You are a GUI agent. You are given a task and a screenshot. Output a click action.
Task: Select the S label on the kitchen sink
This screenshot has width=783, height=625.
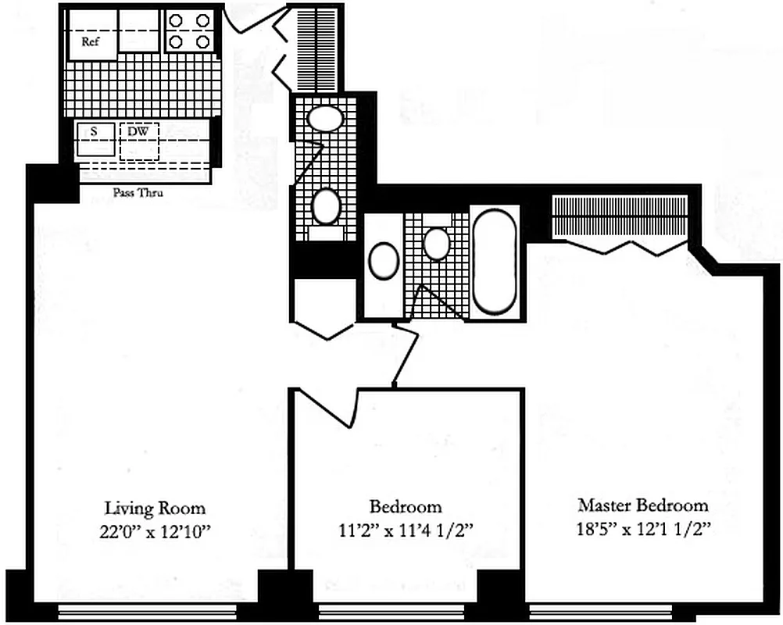pos(94,131)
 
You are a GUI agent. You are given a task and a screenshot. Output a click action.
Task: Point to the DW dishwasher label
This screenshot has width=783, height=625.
pos(138,131)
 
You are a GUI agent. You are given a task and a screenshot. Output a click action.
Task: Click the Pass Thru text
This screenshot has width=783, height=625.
pos(138,193)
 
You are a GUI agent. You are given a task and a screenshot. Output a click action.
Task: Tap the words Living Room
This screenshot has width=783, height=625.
pos(156,508)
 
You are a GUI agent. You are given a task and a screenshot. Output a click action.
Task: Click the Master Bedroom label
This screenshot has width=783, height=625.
pos(642,505)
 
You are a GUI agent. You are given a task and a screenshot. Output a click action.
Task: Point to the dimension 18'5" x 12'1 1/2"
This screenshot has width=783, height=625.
pos(642,528)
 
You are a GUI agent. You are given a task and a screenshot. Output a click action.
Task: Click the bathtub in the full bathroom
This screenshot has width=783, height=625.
pos(494,262)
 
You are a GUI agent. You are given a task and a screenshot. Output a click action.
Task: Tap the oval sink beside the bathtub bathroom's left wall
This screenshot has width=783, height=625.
pos(384,261)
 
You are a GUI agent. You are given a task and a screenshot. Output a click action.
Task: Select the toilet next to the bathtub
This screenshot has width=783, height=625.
pos(436,242)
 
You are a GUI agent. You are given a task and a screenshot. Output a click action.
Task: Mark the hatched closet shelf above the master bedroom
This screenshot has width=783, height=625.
pos(620,216)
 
